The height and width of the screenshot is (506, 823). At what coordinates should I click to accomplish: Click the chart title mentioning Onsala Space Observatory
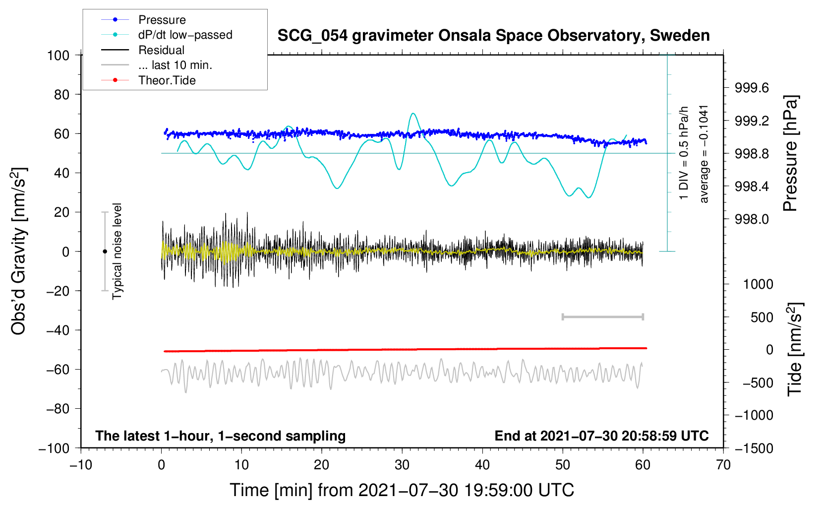[493, 36]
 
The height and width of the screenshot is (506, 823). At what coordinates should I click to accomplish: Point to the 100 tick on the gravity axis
[59, 56]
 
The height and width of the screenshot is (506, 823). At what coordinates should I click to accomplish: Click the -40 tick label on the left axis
[58, 330]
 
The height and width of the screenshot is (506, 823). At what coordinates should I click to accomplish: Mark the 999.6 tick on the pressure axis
[752, 88]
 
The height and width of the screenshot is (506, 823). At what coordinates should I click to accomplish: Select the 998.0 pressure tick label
[752, 219]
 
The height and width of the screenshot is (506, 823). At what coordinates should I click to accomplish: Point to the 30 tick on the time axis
[402, 465]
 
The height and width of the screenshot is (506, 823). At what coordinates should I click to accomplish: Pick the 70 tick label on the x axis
[723, 465]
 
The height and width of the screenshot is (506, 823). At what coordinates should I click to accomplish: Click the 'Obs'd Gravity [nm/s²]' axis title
[19, 251]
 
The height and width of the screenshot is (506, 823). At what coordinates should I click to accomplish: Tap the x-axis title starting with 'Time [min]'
[402, 491]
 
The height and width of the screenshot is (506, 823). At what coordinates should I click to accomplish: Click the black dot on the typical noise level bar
[105, 252]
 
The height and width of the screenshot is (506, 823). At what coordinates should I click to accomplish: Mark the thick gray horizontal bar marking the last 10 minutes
[603, 317]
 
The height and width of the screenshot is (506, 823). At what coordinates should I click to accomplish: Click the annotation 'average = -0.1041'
[704, 154]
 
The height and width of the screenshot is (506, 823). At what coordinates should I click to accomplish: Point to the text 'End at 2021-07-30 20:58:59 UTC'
[601, 436]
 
